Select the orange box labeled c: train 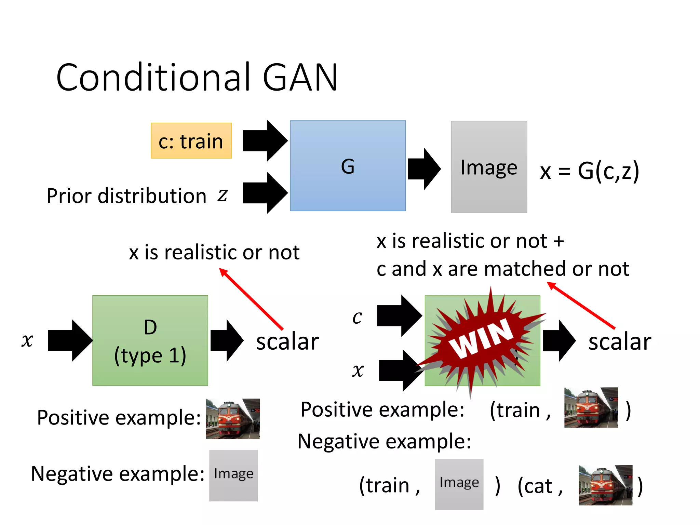191,141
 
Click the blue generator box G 348,166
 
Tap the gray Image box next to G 488,167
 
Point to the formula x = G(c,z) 589,171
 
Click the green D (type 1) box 150,340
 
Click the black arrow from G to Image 424,169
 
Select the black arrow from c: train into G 265,140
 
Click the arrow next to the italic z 265,193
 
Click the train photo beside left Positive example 233,418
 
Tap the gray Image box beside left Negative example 233,475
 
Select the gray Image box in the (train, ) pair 459,484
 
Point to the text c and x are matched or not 502,269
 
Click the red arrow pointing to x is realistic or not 251,299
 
